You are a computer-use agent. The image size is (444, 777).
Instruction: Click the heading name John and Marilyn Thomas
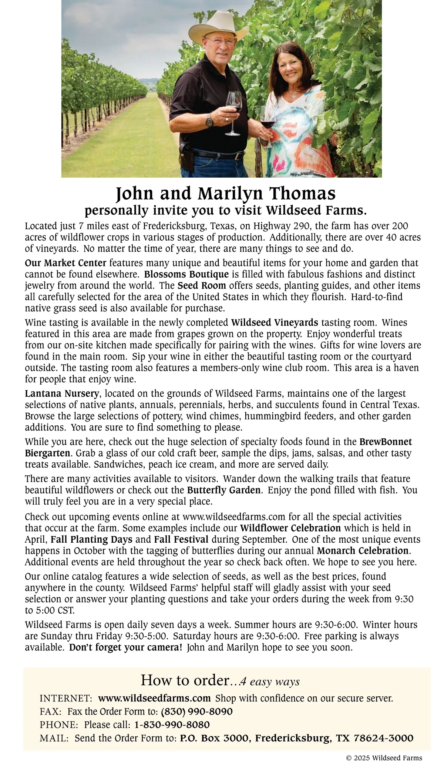(226, 194)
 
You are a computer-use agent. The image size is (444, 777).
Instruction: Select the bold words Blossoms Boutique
(186, 275)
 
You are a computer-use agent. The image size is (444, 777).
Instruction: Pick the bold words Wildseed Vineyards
(275, 322)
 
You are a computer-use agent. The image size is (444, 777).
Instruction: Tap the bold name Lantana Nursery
(62, 393)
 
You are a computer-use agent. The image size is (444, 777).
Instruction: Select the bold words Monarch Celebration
(363, 550)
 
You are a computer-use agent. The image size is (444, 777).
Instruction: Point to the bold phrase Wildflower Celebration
(290, 528)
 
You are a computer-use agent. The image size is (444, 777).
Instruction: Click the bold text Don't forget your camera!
(125, 647)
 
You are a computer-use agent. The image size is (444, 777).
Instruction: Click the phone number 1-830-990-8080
(172, 724)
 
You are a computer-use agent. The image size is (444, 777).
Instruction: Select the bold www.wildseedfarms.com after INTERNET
(154, 699)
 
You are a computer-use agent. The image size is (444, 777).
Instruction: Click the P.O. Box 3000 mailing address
(296, 738)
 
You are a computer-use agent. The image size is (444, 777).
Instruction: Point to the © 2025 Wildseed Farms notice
(384, 758)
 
